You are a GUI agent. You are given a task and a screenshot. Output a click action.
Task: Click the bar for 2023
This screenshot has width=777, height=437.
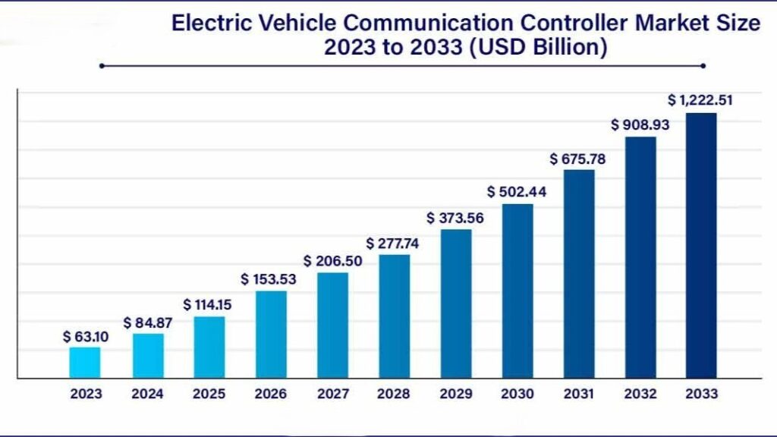coord(84,363)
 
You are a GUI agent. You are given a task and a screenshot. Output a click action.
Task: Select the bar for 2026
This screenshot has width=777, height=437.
coord(271,335)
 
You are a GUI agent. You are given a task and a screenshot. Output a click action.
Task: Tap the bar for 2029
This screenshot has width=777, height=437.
coord(456,303)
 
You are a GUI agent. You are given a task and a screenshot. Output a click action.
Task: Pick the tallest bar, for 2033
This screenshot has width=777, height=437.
coord(701,245)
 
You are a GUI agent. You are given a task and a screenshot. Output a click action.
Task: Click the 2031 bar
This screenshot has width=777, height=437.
coord(579,274)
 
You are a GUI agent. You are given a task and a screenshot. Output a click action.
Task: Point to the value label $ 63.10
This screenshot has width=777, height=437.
coord(86,336)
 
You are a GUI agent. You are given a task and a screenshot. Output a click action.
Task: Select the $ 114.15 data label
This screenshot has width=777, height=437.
coord(208,304)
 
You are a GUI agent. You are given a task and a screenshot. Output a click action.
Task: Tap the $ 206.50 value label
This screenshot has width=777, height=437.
coord(333,260)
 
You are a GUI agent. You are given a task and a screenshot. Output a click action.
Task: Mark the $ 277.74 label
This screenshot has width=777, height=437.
coord(392,243)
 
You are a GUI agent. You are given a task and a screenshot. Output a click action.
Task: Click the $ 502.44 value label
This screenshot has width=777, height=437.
coord(517,191)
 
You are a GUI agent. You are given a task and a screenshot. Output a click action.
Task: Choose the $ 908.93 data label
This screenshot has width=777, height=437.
coord(640,124)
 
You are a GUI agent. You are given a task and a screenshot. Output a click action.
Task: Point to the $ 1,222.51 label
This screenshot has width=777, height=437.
coord(700,99)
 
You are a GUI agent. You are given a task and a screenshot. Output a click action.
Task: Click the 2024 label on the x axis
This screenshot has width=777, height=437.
coord(147,394)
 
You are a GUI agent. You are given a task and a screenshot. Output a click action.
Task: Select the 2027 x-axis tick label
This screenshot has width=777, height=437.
coord(332,394)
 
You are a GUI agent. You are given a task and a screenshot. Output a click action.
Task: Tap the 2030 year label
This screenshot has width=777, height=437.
coord(517,394)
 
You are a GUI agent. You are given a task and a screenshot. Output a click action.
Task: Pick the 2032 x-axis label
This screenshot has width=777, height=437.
coord(640,394)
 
